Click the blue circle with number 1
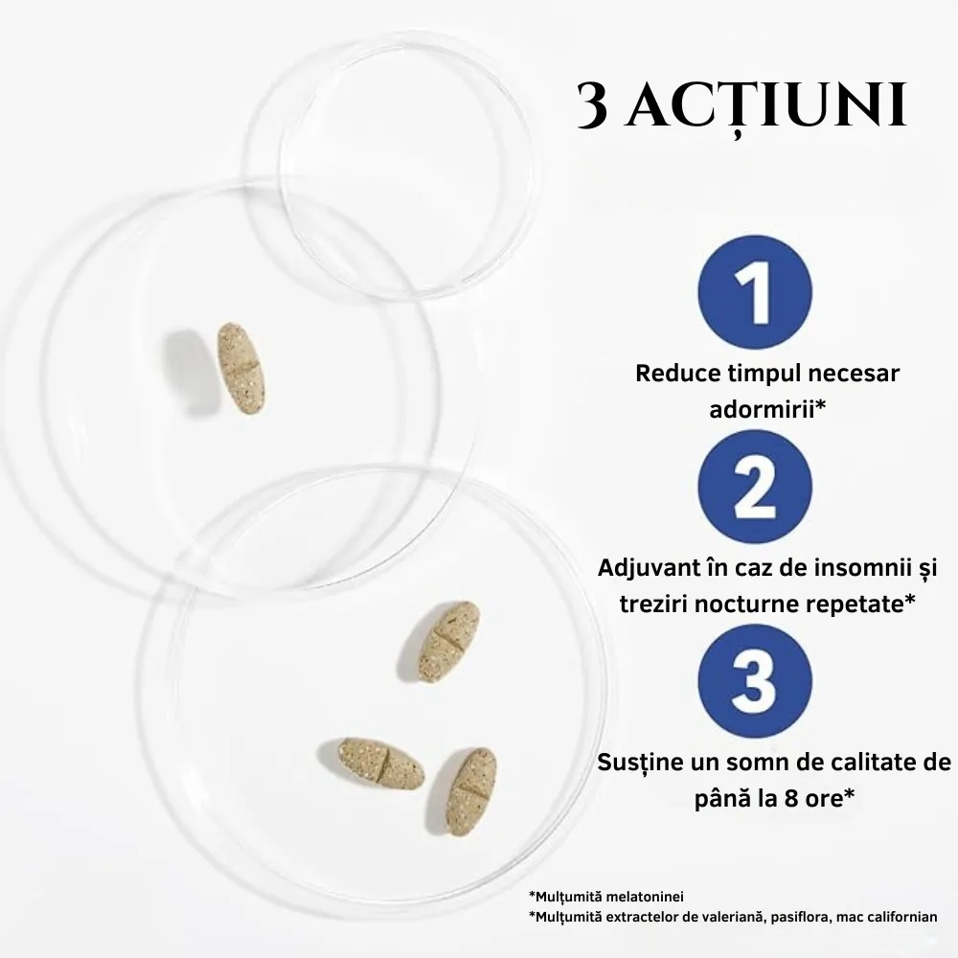coord(755,292)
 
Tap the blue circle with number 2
coord(755,487)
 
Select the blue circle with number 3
coord(755,681)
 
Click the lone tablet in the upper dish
coord(241,369)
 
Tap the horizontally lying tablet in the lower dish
coord(381,764)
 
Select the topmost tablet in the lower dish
coord(449,642)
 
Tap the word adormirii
coord(762,409)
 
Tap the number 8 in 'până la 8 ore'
coord(791,799)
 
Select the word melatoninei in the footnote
coord(645,897)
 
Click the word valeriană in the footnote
coord(732,917)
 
